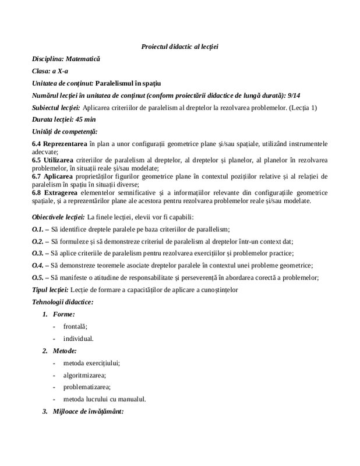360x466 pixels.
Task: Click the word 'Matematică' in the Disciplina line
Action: (83, 59)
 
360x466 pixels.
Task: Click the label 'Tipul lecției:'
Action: (50, 290)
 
